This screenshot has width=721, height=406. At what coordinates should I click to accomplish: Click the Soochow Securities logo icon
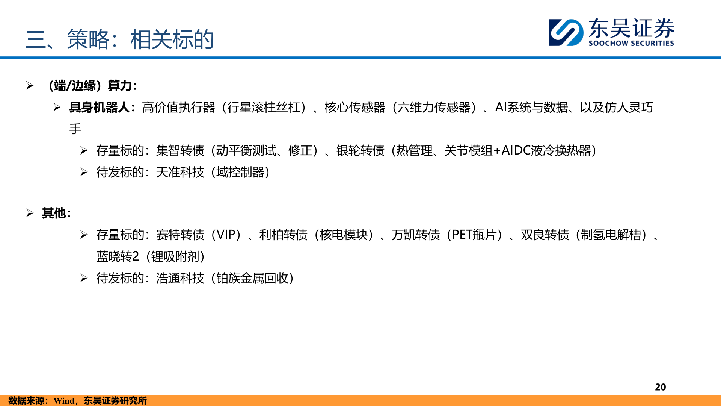coord(566,32)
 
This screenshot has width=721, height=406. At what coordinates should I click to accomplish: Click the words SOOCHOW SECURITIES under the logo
coord(631,43)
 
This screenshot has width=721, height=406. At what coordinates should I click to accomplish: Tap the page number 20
coord(660,387)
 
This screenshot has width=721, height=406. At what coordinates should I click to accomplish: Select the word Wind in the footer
coord(64,401)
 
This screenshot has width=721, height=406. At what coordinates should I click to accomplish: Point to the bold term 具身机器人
coord(99,108)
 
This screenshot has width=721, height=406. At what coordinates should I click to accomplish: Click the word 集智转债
coord(180,151)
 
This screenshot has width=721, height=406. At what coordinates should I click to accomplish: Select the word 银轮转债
coord(360,151)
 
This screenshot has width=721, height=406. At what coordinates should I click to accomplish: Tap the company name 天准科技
coord(180,172)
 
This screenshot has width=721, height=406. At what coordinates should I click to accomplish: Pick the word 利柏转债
coord(283,235)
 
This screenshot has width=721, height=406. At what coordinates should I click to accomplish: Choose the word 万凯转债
coord(415,235)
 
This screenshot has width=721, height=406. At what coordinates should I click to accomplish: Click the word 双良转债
coord(545,235)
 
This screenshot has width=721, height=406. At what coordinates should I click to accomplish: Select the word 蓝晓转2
coord(118,257)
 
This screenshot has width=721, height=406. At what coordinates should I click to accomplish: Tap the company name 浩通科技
coord(180,278)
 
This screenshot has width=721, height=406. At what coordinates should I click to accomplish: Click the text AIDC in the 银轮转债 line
coord(516,151)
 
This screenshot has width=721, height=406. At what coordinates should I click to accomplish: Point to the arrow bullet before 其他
coord(30,213)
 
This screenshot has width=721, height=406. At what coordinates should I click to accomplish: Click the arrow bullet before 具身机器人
coord(57,108)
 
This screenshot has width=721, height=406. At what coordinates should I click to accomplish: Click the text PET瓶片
coord(474,235)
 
